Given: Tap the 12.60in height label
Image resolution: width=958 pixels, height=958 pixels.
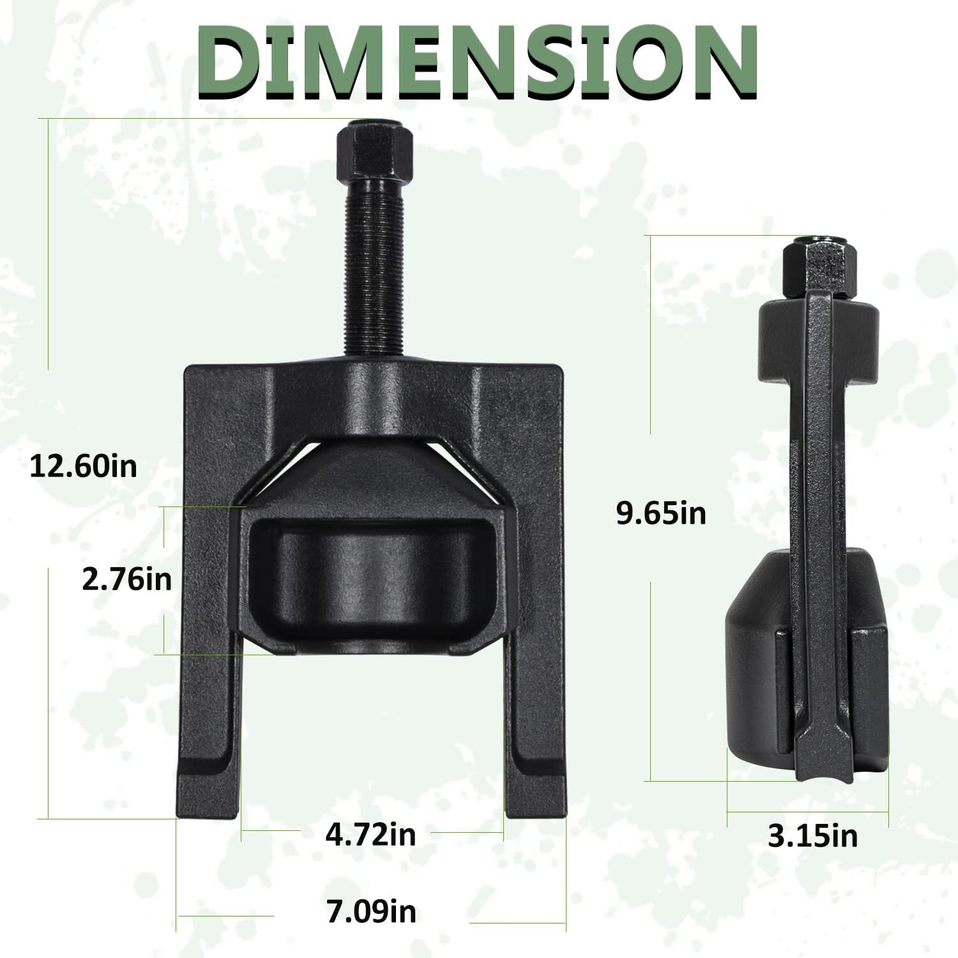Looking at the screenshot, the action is [x=84, y=467].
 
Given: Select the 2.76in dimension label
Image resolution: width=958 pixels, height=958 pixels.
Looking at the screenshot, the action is [x=127, y=580].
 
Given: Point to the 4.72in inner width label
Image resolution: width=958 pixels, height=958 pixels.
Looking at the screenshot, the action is [x=370, y=834].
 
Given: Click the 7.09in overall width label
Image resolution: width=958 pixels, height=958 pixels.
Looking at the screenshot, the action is [x=371, y=911].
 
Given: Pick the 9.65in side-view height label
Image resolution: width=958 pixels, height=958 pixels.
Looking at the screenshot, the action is [x=661, y=512].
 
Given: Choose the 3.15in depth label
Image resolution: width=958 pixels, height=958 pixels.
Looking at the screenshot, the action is [x=812, y=835].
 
